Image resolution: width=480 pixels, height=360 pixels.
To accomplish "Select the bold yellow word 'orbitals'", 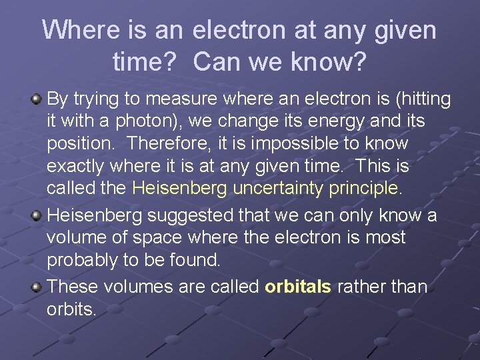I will (298, 287).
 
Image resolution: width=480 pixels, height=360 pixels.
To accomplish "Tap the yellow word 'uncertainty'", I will (278, 188).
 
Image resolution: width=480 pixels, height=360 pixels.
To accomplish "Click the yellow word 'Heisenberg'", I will (180, 188).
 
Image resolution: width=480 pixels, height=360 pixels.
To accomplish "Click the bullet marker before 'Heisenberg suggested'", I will (37, 215).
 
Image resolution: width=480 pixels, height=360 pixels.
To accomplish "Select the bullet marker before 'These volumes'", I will (37, 287).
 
